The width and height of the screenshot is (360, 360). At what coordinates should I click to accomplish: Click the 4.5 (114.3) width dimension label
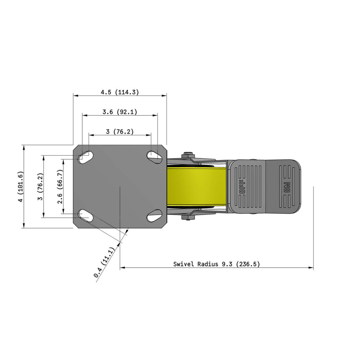120,92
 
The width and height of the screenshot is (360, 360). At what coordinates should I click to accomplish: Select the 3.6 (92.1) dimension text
120,112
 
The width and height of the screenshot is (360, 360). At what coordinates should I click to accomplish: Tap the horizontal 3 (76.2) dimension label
120,131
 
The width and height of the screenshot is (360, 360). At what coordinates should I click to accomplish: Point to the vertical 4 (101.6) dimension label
19,186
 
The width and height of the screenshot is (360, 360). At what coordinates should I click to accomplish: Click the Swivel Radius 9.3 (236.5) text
216,264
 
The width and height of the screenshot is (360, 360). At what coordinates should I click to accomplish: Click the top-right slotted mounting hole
154,156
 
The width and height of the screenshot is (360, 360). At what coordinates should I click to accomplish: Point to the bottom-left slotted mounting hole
85,216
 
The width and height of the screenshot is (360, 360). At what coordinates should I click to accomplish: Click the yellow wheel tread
196,186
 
